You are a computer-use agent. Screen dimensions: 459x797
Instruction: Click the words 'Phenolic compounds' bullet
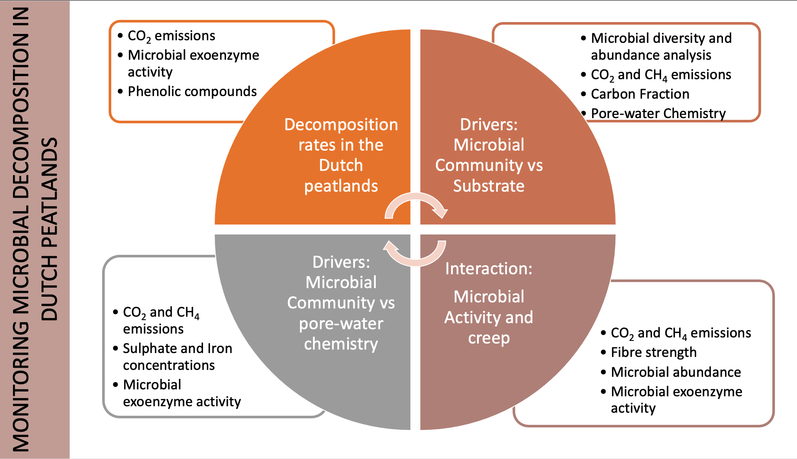(192, 92)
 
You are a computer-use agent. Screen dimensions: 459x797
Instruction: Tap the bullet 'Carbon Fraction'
(639, 94)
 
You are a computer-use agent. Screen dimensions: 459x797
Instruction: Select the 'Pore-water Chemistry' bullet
(658, 113)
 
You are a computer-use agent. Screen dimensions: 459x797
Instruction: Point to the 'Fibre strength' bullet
(653, 353)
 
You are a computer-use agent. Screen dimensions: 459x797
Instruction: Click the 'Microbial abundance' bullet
(675, 372)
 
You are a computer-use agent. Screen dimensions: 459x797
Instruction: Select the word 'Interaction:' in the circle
(488, 269)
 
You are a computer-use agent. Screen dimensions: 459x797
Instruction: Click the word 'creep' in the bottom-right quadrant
(488, 338)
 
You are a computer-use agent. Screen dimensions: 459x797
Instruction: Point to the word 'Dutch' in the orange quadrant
(341, 165)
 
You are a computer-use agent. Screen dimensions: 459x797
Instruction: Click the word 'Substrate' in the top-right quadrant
(488, 186)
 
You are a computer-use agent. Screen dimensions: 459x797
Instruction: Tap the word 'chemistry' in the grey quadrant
(341, 344)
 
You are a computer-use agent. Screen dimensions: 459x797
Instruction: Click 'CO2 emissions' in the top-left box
(171, 36)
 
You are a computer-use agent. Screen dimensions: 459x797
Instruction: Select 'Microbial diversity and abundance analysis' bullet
(661, 47)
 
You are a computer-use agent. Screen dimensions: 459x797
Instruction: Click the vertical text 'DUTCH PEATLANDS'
(49, 229)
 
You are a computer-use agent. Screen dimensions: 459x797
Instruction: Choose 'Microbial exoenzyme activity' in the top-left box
(193, 64)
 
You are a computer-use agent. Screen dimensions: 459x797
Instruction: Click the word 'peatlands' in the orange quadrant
(341, 186)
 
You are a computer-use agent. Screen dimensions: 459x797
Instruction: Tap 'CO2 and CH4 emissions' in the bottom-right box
(680, 333)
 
